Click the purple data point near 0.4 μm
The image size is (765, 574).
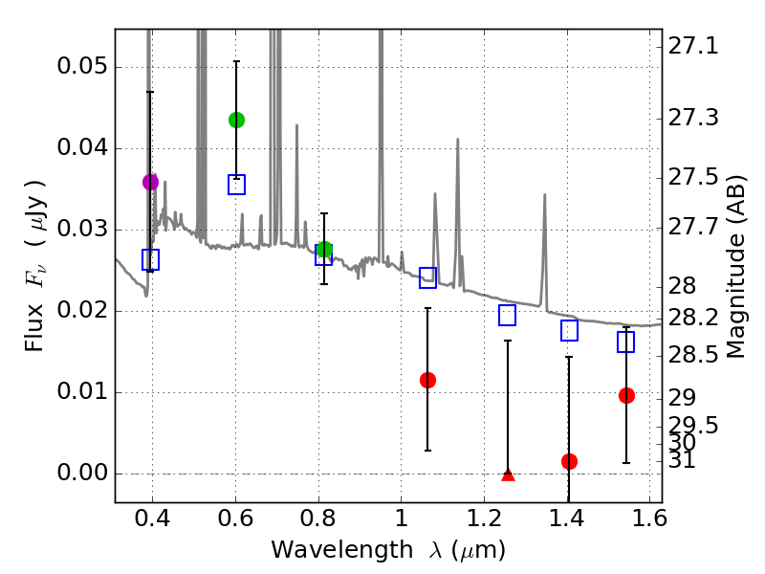tap(150, 182)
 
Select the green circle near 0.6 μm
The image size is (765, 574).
tap(236, 120)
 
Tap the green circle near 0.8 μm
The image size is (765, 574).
tap(324, 250)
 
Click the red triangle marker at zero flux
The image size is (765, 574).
tap(508, 475)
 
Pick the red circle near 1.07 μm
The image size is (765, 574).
tap(427, 380)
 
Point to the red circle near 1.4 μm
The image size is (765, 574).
tap(569, 461)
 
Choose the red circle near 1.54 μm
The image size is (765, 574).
tap(626, 395)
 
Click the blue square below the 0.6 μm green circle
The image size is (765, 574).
tap(236, 185)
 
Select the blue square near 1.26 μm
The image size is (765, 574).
tap(508, 315)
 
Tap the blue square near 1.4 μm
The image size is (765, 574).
tap(569, 330)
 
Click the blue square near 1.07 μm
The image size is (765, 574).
tap(427, 278)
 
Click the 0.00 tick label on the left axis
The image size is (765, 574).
tap(80, 475)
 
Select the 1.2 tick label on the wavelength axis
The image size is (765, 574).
tap(484, 520)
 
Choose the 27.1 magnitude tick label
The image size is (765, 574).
tap(694, 46)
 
